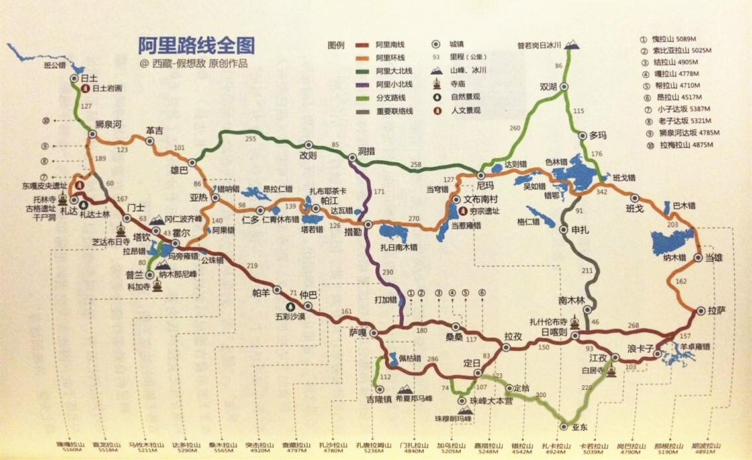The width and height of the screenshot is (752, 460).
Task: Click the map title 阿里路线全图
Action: pos(197,45)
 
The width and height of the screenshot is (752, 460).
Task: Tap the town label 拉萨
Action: pos(717,310)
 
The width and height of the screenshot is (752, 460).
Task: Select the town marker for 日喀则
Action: pos(575,336)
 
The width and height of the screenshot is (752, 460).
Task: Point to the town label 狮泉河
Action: pos(108,124)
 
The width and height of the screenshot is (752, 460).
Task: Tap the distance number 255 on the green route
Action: pos(250,139)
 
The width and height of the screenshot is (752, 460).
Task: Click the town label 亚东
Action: pos(580,428)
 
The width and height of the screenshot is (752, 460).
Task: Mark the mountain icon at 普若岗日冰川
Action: pos(572,44)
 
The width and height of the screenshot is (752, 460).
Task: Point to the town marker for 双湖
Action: pos(564,87)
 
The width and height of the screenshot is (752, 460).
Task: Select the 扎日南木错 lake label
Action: pos(399,247)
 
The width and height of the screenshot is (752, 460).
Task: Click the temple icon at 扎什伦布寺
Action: pos(575,323)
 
